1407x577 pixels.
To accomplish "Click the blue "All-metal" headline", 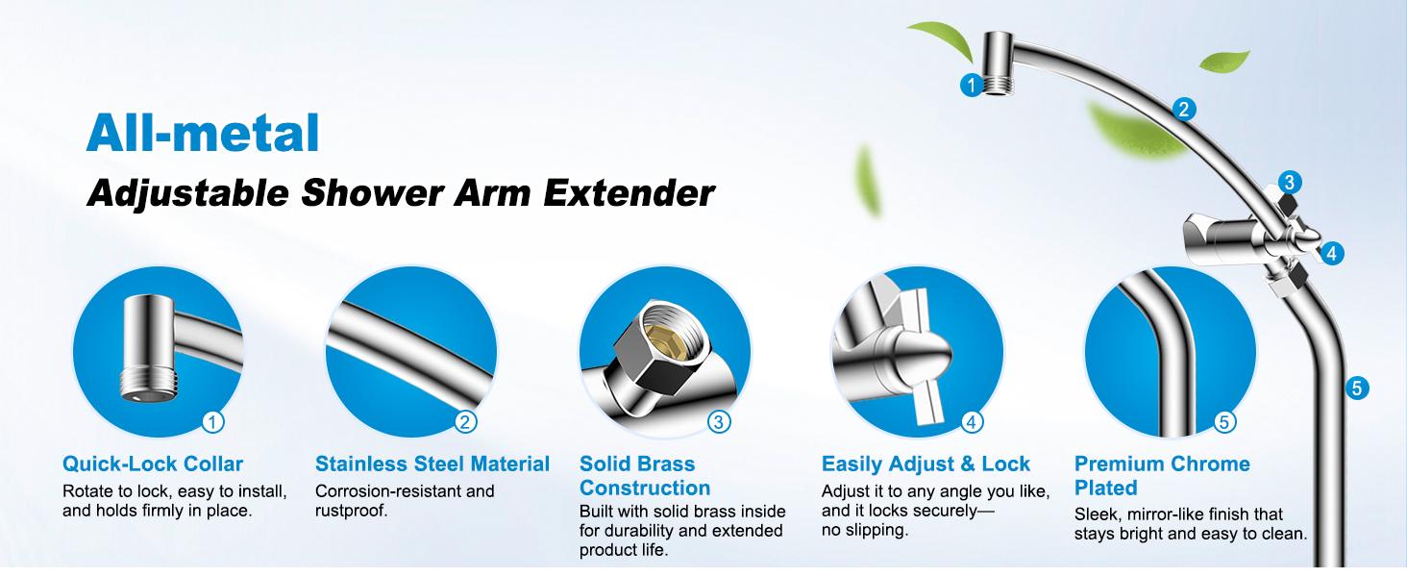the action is tap(203, 134).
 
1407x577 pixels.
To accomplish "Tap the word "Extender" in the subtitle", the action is tap(629, 193).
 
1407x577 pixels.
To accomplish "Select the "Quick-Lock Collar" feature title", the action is tap(153, 464).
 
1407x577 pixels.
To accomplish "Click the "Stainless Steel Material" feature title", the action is tap(432, 464).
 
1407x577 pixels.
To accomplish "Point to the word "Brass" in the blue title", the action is tap(665, 464).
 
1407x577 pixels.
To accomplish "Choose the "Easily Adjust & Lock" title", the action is tap(926, 464).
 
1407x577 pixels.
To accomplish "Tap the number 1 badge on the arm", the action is tap(971, 85).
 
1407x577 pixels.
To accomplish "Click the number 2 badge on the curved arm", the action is tap(1184, 110).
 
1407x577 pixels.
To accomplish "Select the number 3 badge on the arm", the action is tap(1290, 183).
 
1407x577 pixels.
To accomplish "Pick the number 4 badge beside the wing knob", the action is tap(1332, 254).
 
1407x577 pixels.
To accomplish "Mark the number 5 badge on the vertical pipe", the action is tap(1357, 388).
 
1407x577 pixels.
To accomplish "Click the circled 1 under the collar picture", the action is tap(213, 422).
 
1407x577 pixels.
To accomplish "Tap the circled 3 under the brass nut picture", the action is tap(719, 422).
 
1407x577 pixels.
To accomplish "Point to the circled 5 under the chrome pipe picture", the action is tap(1224, 422).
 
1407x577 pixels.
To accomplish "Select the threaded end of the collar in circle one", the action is tap(148, 385).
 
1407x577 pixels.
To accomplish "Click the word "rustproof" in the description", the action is tap(348, 511).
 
